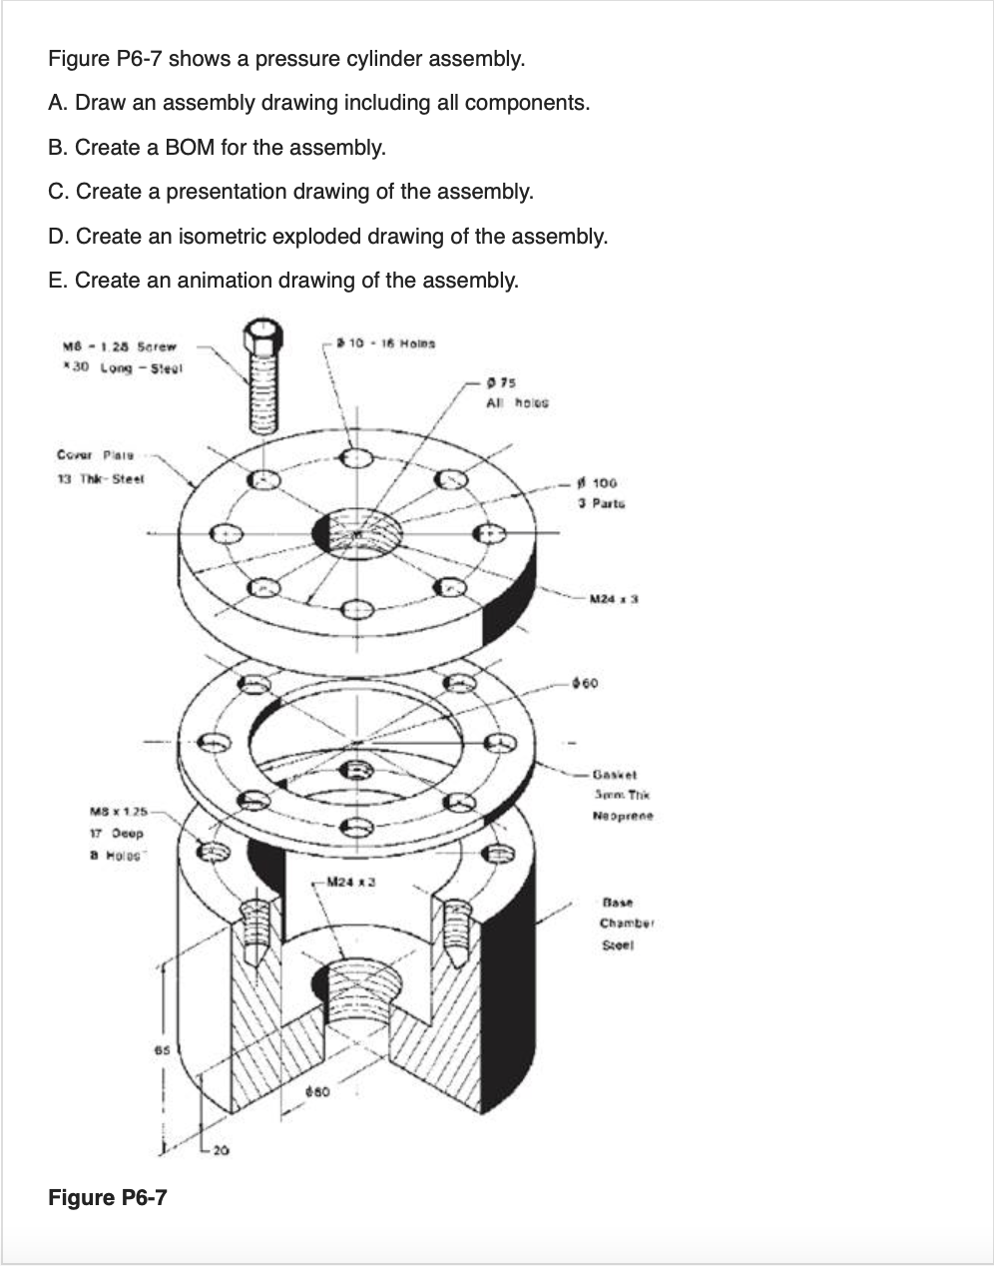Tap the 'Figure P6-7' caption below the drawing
click(x=107, y=1196)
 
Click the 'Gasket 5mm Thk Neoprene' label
click(x=621, y=794)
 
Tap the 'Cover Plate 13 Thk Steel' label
click(x=99, y=467)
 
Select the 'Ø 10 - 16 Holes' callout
click(x=385, y=343)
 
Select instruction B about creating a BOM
click(x=217, y=147)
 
